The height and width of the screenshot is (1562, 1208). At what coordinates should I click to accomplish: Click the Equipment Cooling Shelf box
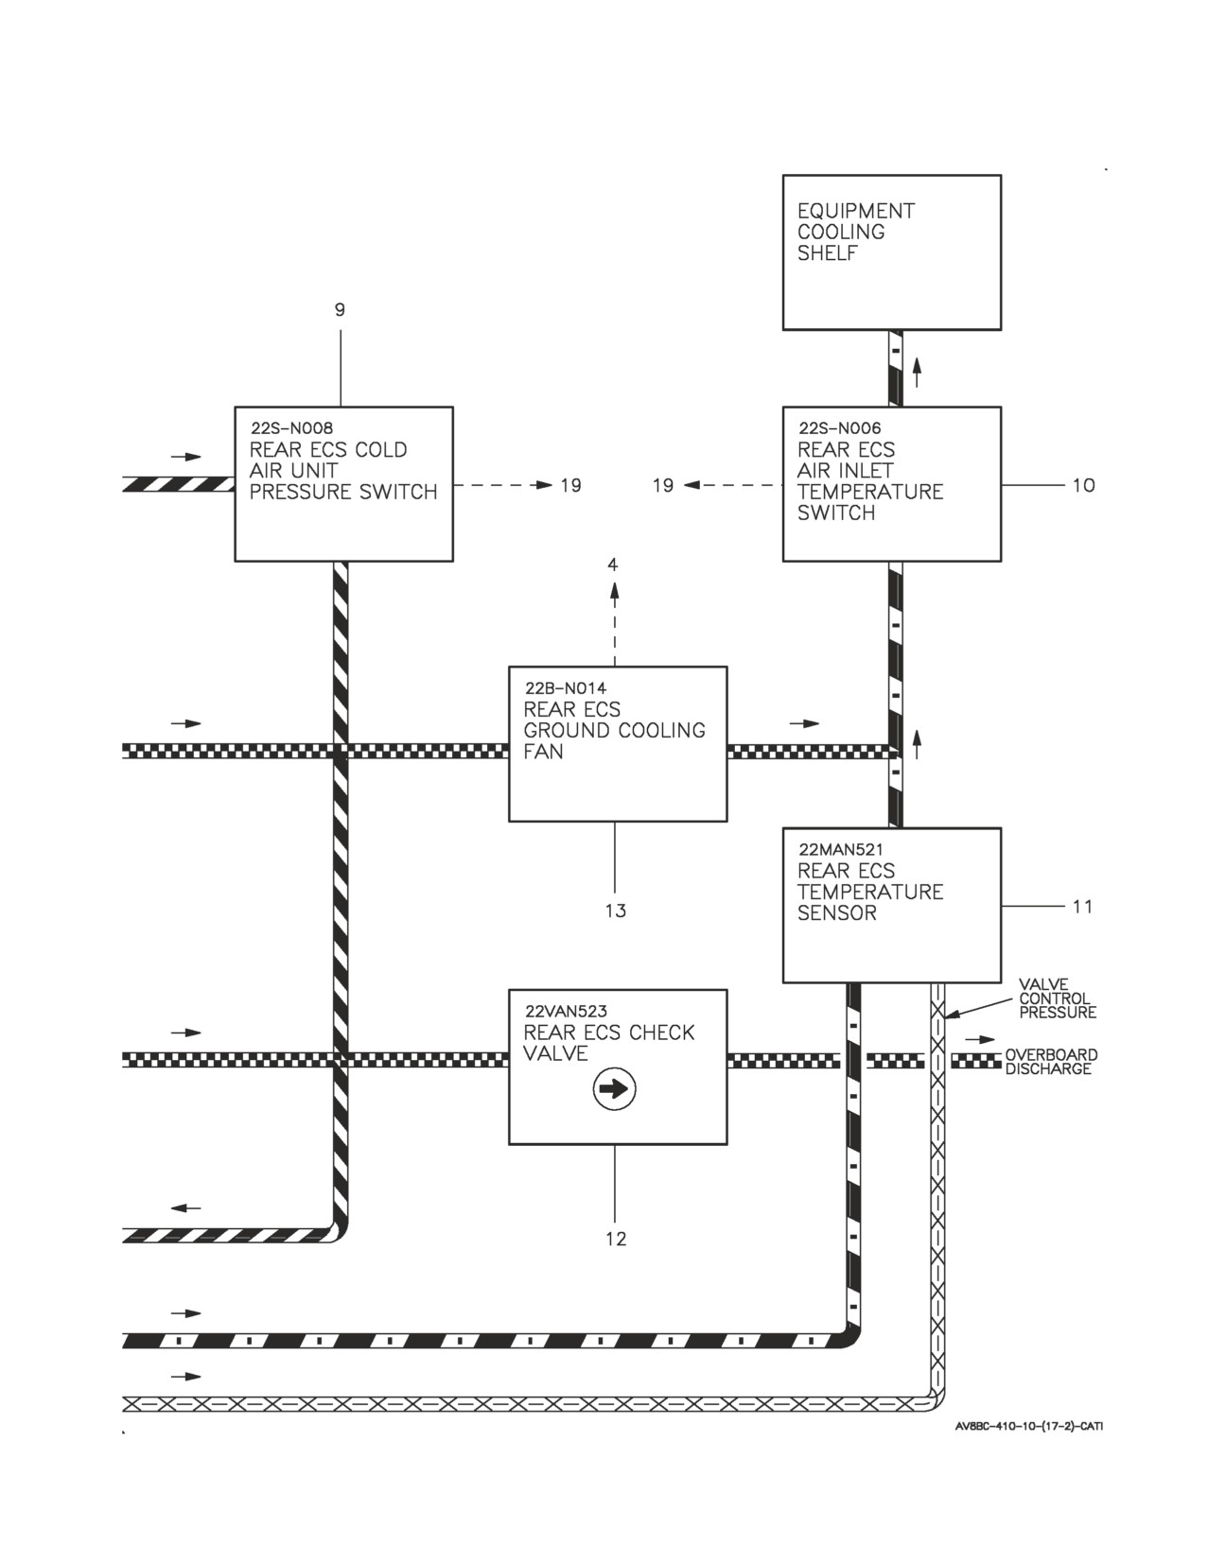pos(892,252)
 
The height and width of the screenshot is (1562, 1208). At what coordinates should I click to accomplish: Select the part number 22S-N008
pos(292,428)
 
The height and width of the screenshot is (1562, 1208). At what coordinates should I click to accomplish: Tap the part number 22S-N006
pos(840,428)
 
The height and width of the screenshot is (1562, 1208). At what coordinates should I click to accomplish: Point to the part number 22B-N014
pos(566,688)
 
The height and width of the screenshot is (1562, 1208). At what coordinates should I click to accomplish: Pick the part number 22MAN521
pos(841,850)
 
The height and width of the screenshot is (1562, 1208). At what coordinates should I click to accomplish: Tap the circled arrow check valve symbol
pos(614,1089)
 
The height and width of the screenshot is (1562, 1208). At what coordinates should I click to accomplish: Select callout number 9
pos(341,310)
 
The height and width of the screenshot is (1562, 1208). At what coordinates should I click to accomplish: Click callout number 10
pos(1083,486)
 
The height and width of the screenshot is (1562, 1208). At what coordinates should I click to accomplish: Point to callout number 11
pos(1083,907)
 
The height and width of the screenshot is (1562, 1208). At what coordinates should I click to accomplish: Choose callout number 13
pos(616,911)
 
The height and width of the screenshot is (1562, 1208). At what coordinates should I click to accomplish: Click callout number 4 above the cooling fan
pos(613,565)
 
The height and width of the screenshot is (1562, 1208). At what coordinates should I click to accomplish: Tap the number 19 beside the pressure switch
pos(571,486)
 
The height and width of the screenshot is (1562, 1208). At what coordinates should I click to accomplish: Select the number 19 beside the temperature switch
pos(663,486)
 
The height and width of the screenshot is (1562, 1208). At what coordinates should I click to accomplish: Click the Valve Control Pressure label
pos(1058,998)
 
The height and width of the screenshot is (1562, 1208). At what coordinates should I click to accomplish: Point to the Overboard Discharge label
pos(1051,1062)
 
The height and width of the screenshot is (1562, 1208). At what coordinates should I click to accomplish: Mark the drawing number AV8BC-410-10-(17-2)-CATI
pos(1029,1427)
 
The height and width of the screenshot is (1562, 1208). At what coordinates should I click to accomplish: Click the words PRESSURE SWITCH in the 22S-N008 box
pos(343,493)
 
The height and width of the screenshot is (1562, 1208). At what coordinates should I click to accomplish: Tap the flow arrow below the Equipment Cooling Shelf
pos(917,372)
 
